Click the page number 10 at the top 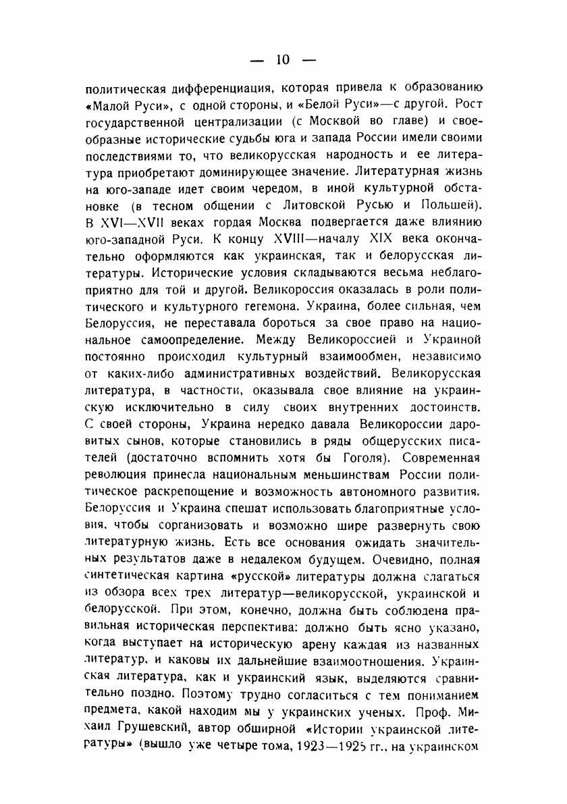coord(282,59)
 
